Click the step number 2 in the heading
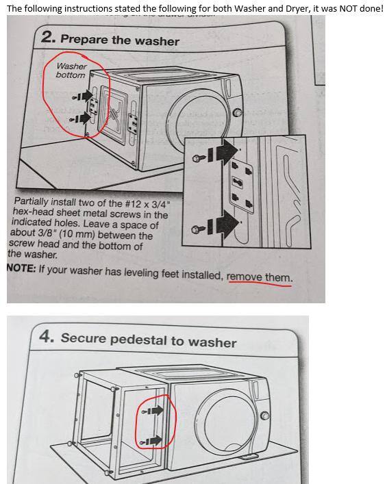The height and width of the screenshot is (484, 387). click(48, 38)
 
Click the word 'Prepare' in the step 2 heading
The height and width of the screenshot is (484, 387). click(84, 39)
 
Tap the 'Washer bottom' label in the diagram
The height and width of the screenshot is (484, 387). click(71, 71)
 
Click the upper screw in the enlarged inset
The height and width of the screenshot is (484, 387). click(199, 158)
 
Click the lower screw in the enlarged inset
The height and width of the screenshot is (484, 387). click(199, 229)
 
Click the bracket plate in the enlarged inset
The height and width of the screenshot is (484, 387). click(241, 188)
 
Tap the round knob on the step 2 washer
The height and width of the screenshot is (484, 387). click(237, 113)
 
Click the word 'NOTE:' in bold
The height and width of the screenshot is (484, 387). click(22, 268)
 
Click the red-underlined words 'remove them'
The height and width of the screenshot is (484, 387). click(259, 277)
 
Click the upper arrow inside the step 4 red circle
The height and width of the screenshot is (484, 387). click(153, 411)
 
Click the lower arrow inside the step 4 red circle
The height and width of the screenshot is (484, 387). click(151, 441)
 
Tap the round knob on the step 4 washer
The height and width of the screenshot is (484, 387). click(264, 416)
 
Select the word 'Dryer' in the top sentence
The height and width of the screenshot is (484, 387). click(297, 9)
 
